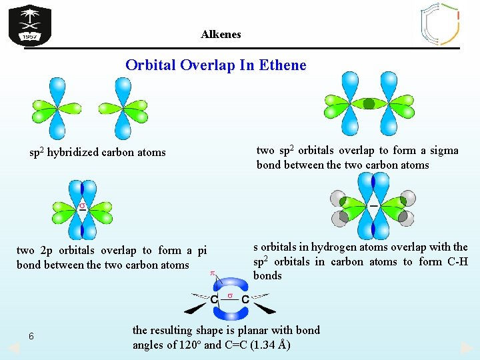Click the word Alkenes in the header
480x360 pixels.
(221, 34)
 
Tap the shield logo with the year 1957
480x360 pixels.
(30, 25)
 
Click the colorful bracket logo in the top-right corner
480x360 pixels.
(440, 23)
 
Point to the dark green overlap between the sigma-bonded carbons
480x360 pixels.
(369, 103)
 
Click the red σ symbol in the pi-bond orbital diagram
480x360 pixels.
(82, 205)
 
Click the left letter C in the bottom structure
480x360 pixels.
(215, 301)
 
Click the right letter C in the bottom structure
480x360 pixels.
(245, 301)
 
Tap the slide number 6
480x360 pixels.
(31, 336)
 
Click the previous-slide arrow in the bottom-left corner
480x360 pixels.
(13, 348)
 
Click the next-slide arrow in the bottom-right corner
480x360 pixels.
(467, 348)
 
